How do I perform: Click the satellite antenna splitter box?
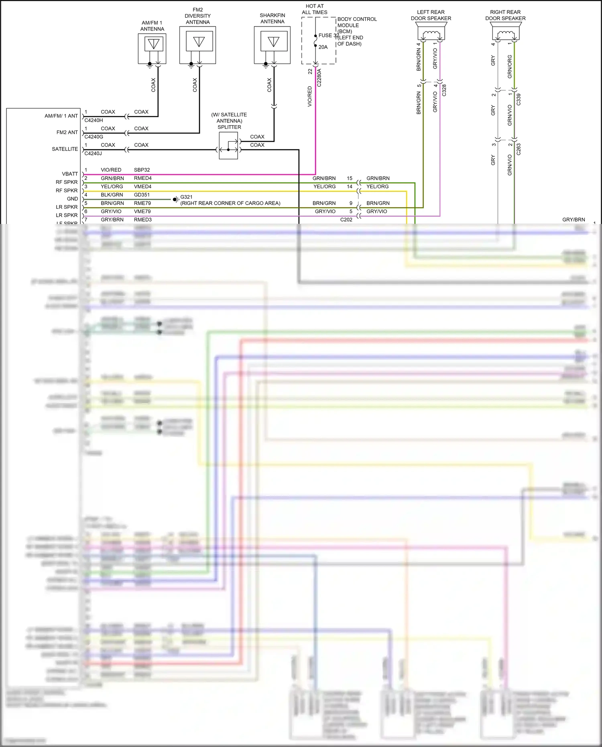tap(228, 146)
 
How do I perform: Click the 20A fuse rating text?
tap(323, 47)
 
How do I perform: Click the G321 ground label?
tap(186, 197)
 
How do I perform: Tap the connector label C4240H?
tap(94, 120)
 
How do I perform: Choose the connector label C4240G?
tap(94, 137)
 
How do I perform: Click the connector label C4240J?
tap(93, 153)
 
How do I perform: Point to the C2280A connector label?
tap(319, 78)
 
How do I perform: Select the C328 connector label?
tap(444, 90)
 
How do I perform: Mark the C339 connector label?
tap(519, 99)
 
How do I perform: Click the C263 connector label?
tap(519, 149)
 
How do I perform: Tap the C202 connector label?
tap(346, 220)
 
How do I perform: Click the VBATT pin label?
tap(70, 174)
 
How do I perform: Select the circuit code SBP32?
tap(142, 170)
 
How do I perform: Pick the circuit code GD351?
tap(142, 195)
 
